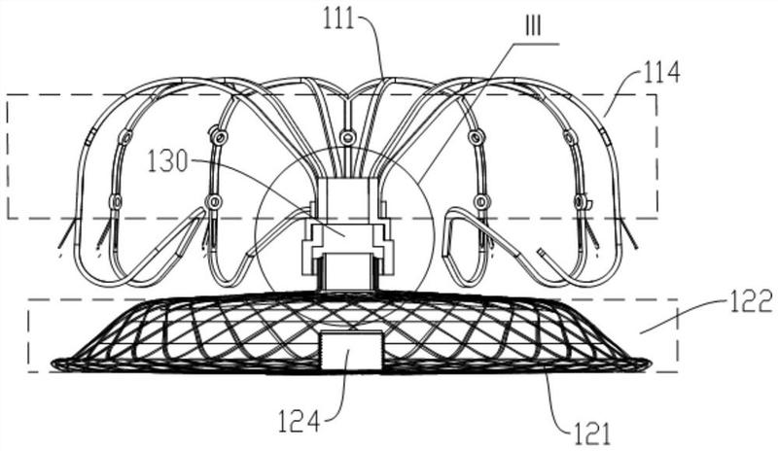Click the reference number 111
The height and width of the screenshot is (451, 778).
point(338,18)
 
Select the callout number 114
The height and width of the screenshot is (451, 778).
point(662,74)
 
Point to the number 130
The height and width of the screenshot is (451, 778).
point(167,161)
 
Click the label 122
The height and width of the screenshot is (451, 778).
point(752,301)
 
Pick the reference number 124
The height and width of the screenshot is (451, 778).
point(298,423)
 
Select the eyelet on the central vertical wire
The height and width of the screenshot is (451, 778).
point(348,136)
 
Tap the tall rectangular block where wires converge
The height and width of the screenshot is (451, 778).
point(345,198)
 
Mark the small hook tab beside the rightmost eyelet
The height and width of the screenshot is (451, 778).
point(589,203)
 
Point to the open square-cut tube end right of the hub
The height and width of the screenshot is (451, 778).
point(542,253)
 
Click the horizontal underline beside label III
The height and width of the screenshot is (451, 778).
point(537,44)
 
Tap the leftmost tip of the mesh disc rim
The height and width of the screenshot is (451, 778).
point(52,364)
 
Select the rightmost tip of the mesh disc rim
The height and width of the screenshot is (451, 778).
point(651,364)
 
